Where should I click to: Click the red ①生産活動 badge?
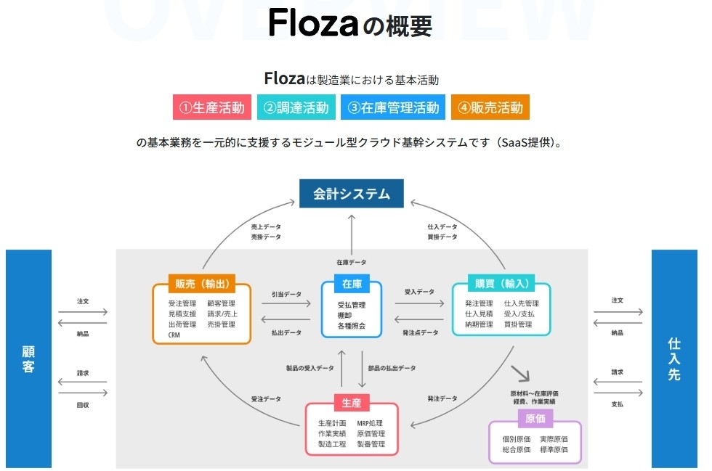pos(212,107)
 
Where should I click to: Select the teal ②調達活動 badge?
pos(296,107)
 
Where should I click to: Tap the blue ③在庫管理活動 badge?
pos(393,107)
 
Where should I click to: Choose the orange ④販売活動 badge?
pos(490,107)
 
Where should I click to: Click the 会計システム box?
pos(352,194)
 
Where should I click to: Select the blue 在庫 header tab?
pos(352,284)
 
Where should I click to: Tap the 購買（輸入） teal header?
pos(501,284)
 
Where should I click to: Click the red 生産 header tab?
pos(352,402)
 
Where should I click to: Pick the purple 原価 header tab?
pos(535,418)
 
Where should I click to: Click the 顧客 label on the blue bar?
pos(28,359)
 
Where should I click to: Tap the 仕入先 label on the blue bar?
pos(674,359)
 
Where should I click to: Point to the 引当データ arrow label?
pos(286,294)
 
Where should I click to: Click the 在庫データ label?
pos(351,261)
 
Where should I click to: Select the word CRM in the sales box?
pos(174,335)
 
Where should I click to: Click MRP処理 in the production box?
pos(370,423)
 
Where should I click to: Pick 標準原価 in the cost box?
pos(554,450)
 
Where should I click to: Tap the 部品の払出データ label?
pos(392,369)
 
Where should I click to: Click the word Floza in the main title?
pos(313,25)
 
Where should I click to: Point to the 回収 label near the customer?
pos(82,405)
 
